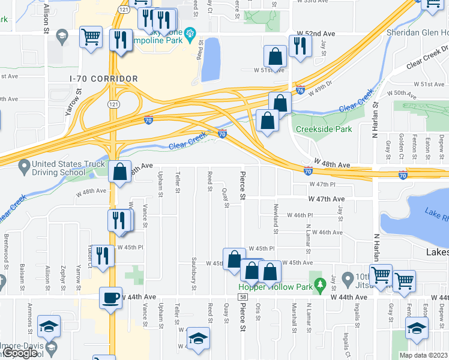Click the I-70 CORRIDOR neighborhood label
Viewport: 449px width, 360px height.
click(x=103, y=79)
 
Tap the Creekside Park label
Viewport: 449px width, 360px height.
click(x=324, y=129)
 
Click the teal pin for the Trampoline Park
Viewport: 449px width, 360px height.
click(x=190, y=32)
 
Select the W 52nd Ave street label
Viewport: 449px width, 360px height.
click(x=316, y=34)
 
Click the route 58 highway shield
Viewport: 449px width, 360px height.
click(x=243, y=296)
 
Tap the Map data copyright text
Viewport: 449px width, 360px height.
click(x=423, y=355)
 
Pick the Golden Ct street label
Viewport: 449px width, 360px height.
click(x=401, y=145)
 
